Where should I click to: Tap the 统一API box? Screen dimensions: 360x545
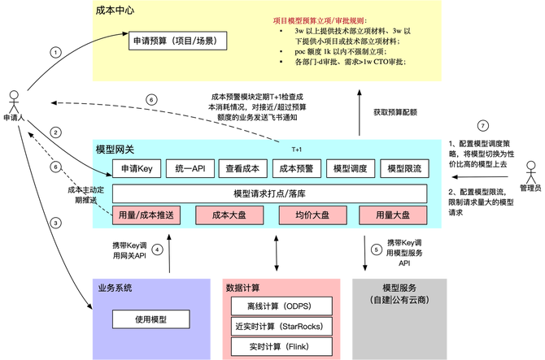190,169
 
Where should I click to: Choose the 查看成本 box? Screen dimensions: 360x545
243,169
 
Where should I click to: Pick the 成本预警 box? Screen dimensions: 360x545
297,169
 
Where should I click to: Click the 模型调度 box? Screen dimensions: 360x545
350,169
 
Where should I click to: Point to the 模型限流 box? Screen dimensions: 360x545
403,169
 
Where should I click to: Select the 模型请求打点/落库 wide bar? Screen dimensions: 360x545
269,193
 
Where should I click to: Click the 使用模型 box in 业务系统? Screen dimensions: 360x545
150,319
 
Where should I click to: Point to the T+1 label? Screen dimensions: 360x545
296,150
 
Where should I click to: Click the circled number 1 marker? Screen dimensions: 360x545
55,53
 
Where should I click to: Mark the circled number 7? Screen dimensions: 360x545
482,126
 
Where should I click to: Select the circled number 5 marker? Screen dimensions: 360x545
376,249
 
